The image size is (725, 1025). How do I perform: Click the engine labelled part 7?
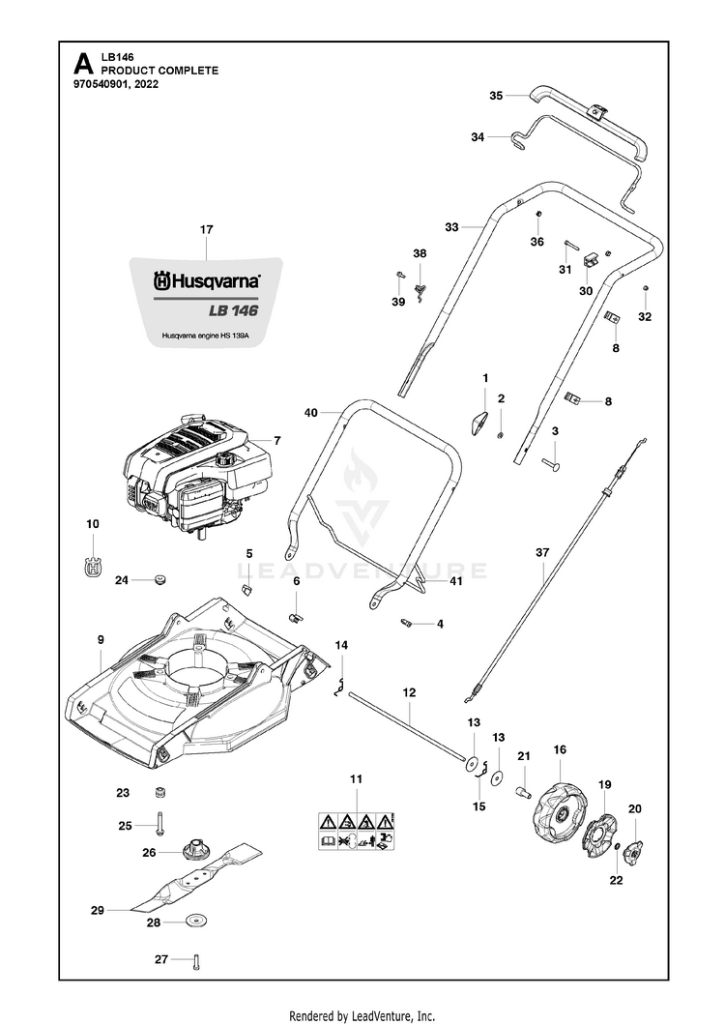pos(198,474)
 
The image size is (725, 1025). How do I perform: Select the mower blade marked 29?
pos(198,878)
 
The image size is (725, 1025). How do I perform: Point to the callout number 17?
pos(206,230)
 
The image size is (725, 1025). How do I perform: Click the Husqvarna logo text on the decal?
pos(206,281)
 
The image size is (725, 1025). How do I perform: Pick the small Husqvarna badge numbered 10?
pos(93,568)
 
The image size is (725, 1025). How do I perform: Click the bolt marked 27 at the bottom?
pos(195,961)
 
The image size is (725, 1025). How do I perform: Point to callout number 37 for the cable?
pos(541,553)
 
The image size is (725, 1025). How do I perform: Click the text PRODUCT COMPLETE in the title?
pos(159,71)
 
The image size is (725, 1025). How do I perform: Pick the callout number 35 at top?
pos(496,96)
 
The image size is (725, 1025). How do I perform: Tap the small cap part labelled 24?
pos(158,580)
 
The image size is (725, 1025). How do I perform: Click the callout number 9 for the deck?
pos(101,639)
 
